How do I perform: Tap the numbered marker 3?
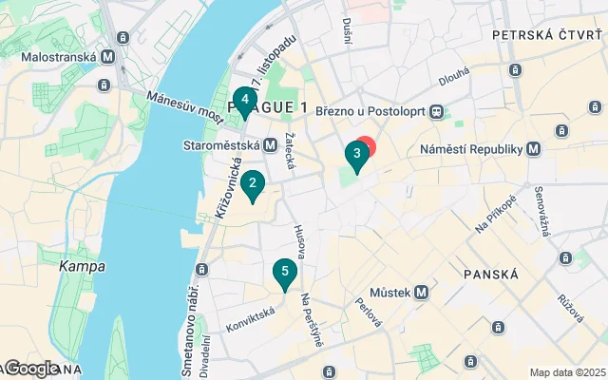356,154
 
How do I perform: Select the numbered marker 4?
245,100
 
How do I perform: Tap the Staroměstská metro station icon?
270,145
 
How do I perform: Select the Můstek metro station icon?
419,293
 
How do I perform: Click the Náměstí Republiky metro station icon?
534,149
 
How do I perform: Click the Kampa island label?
83,266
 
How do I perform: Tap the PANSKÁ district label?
490,274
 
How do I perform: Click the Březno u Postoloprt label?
374,112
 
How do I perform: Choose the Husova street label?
300,240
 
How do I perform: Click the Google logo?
30,369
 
